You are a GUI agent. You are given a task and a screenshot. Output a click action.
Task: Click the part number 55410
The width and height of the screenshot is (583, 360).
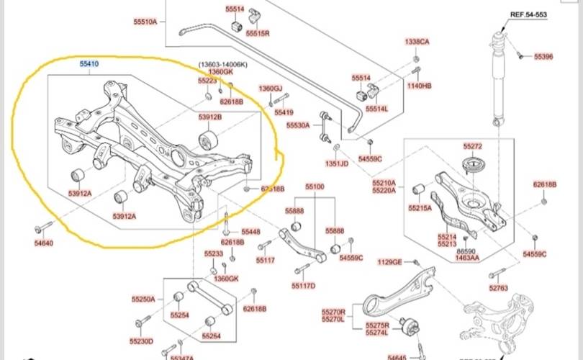click(x=89, y=64)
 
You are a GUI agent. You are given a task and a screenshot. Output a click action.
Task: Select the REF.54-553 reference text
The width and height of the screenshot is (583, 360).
click(x=529, y=14)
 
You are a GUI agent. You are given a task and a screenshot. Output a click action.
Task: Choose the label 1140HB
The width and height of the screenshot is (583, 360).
click(x=419, y=86)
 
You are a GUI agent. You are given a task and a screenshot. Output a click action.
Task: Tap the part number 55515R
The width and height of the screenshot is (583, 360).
click(x=258, y=33)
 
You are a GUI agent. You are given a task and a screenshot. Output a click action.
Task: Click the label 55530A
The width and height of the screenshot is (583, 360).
click(x=297, y=125)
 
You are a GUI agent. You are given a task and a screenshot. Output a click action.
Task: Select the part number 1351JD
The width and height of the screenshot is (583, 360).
click(x=335, y=163)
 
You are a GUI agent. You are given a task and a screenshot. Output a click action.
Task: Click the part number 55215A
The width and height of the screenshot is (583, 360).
click(x=420, y=207)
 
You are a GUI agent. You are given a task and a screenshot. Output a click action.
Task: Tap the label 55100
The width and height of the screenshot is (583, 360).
click(x=315, y=186)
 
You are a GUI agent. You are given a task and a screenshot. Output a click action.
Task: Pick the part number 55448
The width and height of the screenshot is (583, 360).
click(x=250, y=232)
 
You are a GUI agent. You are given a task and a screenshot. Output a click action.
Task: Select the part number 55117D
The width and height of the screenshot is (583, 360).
click(x=304, y=285)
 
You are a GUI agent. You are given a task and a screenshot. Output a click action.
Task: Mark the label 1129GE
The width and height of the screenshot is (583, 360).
click(x=390, y=261)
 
